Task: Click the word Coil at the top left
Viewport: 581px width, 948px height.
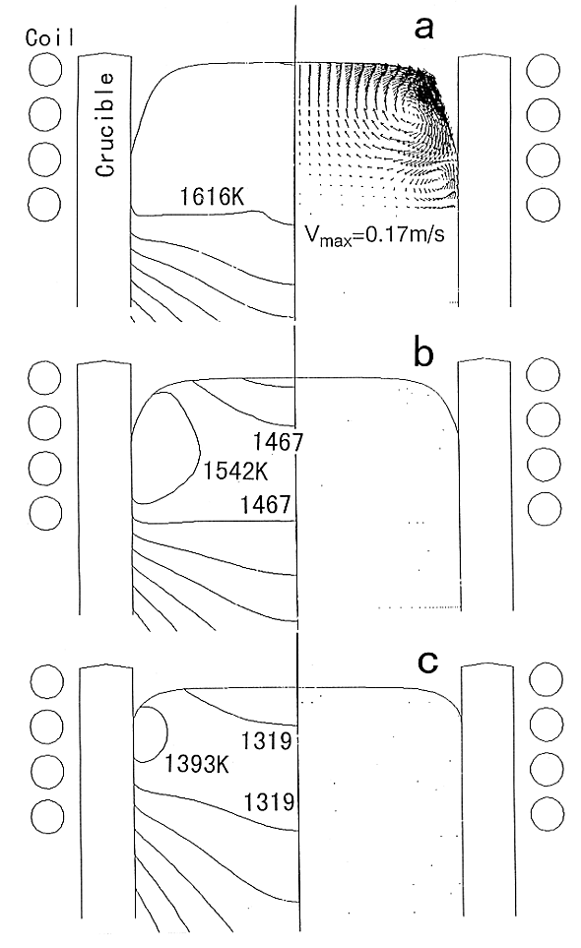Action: tap(50, 38)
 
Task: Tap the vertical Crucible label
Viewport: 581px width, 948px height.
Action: tap(105, 125)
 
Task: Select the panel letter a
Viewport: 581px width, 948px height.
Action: tap(423, 29)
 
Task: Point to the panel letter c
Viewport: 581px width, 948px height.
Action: tap(427, 664)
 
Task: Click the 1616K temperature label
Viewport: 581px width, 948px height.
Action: tap(212, 197)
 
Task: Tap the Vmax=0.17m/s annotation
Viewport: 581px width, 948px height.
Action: tap(374, 234)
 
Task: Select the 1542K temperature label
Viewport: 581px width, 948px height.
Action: tap(235, 471)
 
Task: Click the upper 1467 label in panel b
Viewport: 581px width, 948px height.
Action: tap(278, 442)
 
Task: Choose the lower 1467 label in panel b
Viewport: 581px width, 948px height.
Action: tap(266, 504)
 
